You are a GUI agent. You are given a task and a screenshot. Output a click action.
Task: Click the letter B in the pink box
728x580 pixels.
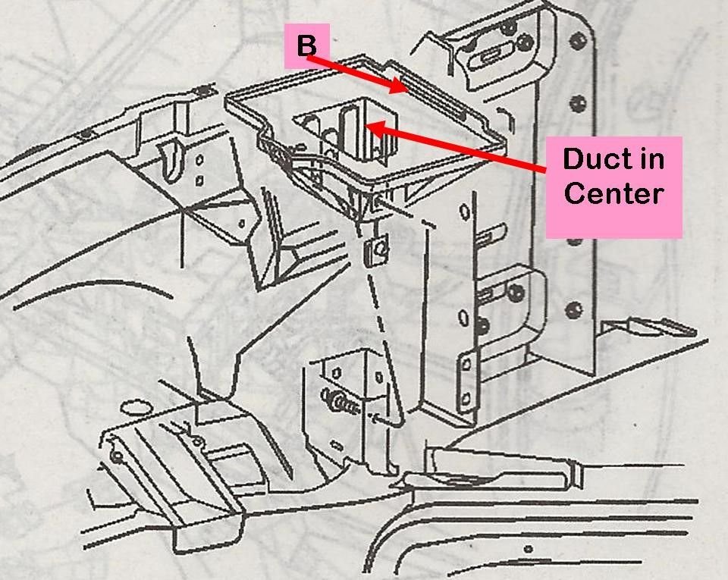[x=306, y=46]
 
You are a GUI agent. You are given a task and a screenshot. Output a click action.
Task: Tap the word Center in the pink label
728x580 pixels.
[x=613, y=193]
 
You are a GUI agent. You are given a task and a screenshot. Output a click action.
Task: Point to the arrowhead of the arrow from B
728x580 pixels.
[x=403, y=89]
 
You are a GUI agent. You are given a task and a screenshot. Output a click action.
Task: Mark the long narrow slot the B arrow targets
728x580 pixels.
[x=440, y=98]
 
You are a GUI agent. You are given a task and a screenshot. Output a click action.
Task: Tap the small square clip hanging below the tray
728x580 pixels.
[x=372, y=249]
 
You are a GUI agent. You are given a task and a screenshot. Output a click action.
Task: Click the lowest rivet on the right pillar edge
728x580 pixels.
[x=574, y=309]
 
